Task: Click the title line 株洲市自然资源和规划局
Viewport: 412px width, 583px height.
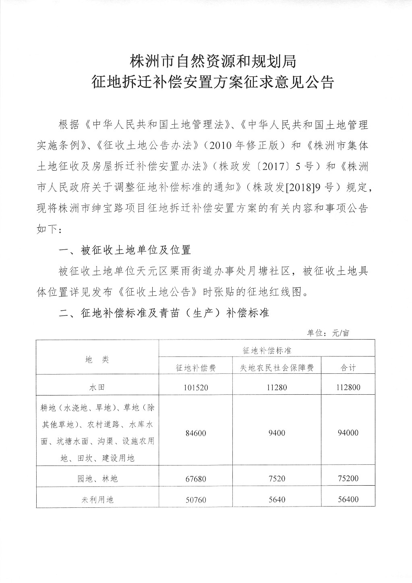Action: tap(212, 62)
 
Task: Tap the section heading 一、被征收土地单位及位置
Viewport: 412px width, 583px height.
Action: tap(125, 251)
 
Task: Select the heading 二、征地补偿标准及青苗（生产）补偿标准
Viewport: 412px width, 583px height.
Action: tap(164, 313)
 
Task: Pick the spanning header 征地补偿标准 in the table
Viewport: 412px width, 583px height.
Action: tap(267, 350)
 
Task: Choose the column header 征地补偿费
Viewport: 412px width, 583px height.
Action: tap(196, 368)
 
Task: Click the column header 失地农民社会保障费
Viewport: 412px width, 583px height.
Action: tap(277, 368)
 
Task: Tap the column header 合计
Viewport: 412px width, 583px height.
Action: tap(348, 368)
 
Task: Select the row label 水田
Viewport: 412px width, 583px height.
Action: tap(97, 387)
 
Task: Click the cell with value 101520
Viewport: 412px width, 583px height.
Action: tap(196, 387)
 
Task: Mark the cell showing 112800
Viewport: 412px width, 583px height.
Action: tap(348, 387)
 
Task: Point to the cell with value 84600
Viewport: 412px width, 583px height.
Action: tap(196, 433)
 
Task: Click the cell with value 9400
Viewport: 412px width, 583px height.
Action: tap(277, 433)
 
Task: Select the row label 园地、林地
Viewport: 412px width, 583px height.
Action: tap(97, 479)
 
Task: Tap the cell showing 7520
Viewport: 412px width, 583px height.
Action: tap(277, 479)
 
